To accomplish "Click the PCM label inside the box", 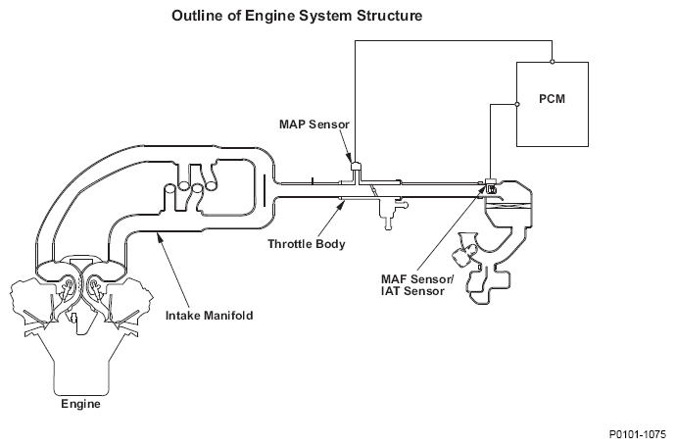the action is pos(552,99).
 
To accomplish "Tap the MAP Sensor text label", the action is pos(314,124).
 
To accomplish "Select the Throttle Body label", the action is pos(307,244).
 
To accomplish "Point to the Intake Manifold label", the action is pos(210,316).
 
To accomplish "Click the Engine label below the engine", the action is pos(80,404).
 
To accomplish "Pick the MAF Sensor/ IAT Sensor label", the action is pos(417,285).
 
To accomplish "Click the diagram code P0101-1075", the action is pos(637,434).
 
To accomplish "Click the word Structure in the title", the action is pos(389,16).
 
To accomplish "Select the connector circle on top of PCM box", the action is pos(553,62).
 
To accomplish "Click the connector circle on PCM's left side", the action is pos(517,104).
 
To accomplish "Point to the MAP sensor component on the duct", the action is pos(356,167).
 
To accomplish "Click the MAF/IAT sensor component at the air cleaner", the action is pos(491,185).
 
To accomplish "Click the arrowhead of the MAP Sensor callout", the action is pos(350,158).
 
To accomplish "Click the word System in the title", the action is pos(325,16).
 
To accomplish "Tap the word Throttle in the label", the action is pos(290,244).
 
